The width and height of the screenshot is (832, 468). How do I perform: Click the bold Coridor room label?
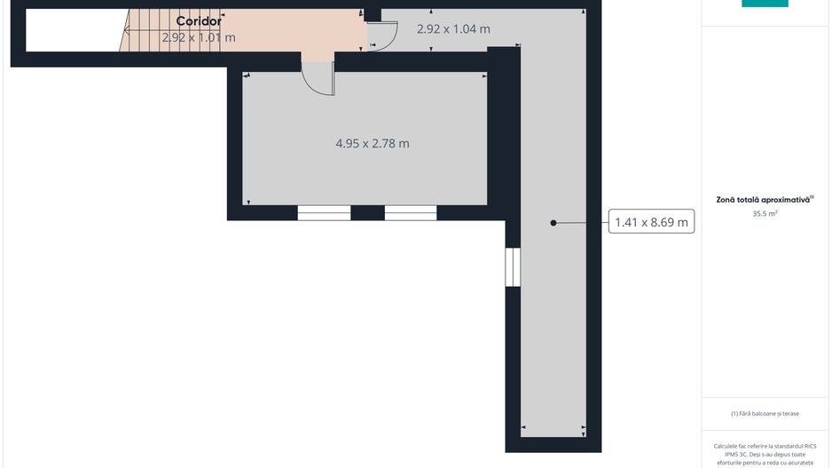pos(198,20)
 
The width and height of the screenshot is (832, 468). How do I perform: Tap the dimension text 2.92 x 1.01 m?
pos(199,37)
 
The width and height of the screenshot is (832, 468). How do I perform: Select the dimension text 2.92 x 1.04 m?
pos(453,28)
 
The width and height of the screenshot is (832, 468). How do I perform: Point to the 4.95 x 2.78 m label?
pos(372,143)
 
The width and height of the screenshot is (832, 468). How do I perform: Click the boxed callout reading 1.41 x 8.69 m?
pos(651,223)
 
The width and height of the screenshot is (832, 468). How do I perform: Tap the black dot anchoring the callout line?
pos(553,223)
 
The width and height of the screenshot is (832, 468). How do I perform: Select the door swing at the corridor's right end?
pos(382,36)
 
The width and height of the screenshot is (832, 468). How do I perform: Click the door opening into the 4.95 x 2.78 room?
pos(318,76)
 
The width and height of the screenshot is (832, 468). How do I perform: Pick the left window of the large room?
pos(324,212)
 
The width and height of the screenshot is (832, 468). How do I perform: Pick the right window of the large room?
pos(410,212)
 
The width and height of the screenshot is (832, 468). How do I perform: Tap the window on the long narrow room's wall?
pos(512,266)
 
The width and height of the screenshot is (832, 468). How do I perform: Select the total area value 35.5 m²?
pos(765,213)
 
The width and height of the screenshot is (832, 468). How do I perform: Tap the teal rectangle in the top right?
pos(765,4)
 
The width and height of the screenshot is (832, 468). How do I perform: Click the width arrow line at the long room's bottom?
pos(553,427)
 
